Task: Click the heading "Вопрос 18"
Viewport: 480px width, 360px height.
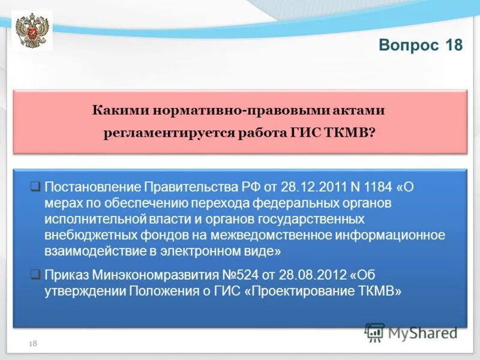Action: (421, 46)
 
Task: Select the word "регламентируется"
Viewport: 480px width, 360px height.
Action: (158, 133)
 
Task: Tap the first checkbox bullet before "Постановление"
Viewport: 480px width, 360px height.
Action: (35, 186)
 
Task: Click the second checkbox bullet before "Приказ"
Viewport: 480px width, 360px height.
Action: (35, 275)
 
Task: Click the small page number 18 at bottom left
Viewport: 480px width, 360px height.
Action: (33, 343)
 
